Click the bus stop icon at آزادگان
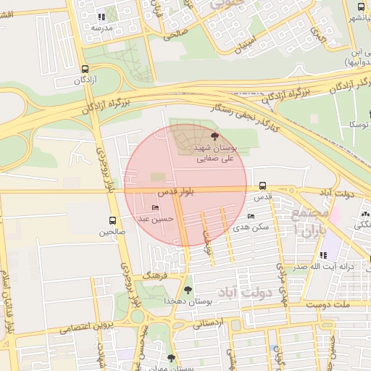click(86, 69)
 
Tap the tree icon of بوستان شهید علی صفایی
click(214, 136)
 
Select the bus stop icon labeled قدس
click(262, 185)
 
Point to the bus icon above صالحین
click(112, 220)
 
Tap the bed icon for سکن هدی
click(251, 216)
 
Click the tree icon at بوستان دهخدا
click(188, 290)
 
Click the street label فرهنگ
click(155, 276)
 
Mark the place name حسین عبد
click(155, 218)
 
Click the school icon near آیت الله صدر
click(322, 255)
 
